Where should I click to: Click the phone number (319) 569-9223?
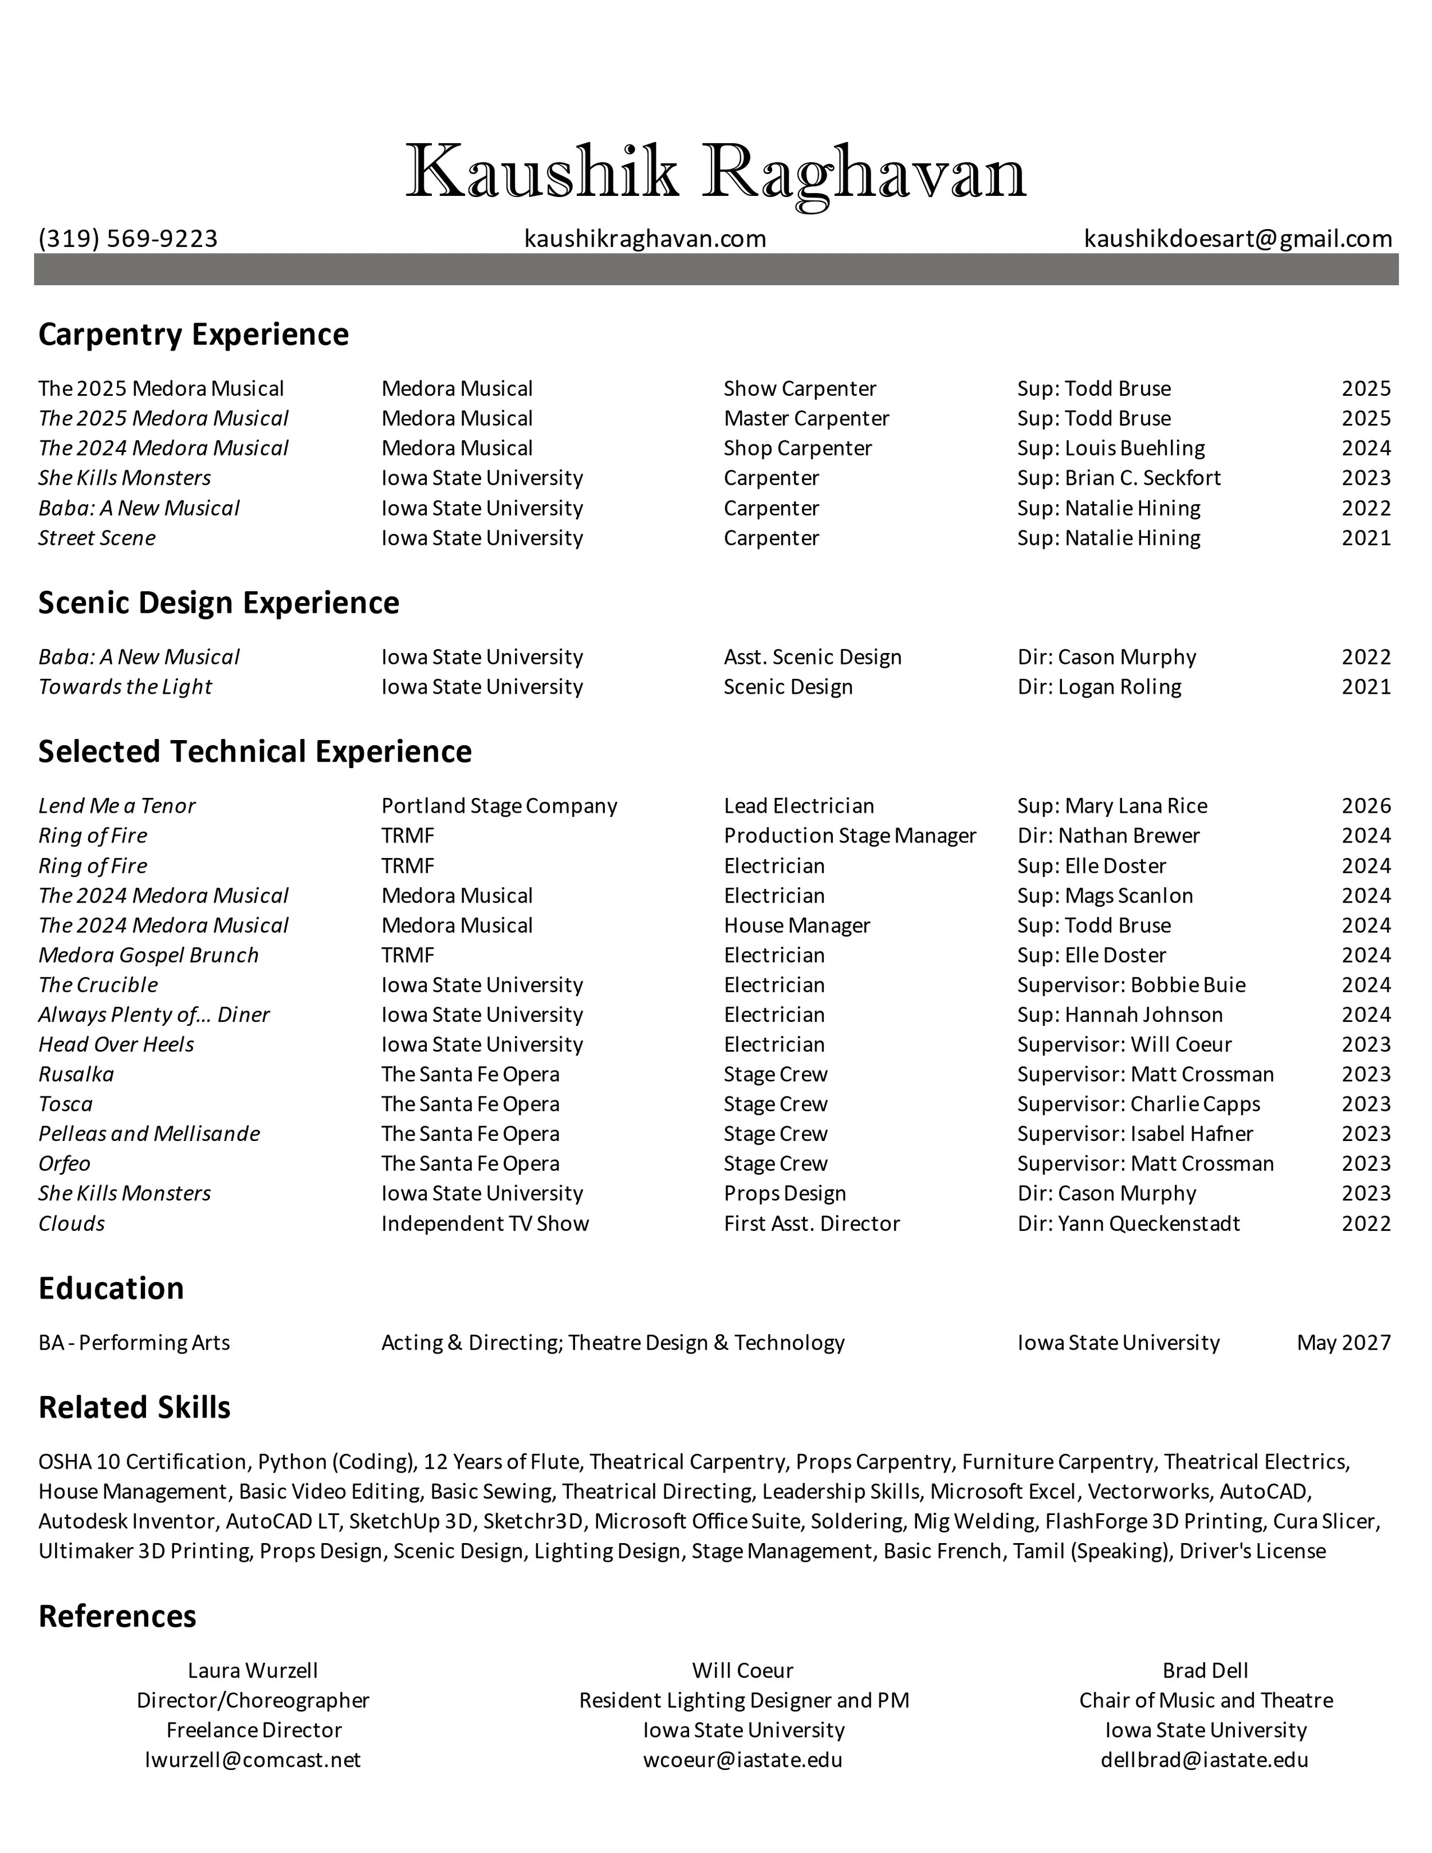click(128, 238)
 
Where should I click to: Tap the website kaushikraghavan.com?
click(645, 238)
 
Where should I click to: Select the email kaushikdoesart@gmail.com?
click(1238, 238)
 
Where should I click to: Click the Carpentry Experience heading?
click(194, 335)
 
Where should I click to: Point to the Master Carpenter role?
click(806, 418)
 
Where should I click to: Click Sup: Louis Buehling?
click(1111, 448)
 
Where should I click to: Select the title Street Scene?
click(97, 538)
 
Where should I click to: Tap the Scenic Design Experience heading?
click(219, 603)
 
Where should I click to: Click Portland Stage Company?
click(499, 806)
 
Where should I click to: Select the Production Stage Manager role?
click(849, 836)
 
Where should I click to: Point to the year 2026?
click(1366, 806)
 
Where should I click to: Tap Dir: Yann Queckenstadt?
click(1128, 1223)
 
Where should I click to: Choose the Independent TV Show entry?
click(485, 1223)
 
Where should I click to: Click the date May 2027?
click(1344, 1342)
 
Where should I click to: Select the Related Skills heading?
click(134, 1407)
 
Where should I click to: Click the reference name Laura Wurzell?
click(253, 1671)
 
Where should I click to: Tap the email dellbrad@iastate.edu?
click(1205, 1760)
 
